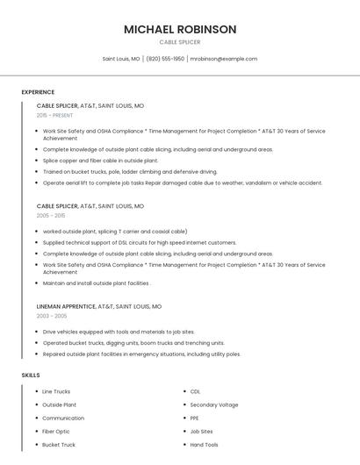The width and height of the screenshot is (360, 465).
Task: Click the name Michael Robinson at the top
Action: [180, 29]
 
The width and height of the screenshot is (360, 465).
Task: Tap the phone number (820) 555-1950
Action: [165, 59]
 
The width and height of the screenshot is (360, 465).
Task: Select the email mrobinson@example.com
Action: [223, 59]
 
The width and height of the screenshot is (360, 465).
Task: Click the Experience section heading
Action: [38, 92]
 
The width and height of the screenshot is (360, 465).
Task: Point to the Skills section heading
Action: [31, 376]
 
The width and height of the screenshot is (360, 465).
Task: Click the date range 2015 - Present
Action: [54, 115]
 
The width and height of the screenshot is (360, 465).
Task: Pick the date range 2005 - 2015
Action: [51, 215]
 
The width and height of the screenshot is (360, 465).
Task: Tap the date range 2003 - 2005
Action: [52, 316]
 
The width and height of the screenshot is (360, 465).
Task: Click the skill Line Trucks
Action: [56, 391]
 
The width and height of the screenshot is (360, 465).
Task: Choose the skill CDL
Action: [195, 391]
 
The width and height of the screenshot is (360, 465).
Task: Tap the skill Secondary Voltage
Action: [214, 404]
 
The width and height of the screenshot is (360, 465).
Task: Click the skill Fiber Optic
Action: [56, 432]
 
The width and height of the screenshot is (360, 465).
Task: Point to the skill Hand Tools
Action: [205, 445]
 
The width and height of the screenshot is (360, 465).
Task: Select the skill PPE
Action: [195, 418]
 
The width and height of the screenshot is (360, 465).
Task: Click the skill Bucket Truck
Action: [59, 445]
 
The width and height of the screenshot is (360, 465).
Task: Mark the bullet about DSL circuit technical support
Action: [140, 242]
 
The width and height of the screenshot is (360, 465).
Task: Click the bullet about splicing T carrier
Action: [115, 232]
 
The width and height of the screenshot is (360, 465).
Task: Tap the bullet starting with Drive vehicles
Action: [119, 333]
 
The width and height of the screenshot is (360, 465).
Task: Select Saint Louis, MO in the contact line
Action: [121, 59]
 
